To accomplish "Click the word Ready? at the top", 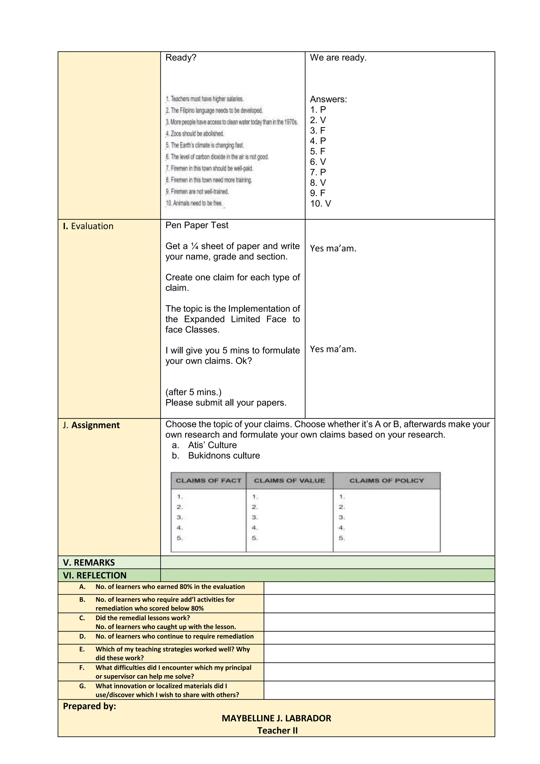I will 181,58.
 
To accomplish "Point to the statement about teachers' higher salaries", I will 205,99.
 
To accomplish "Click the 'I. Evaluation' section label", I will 88,226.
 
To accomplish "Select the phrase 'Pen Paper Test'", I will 197,225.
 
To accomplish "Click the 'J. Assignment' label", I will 91,425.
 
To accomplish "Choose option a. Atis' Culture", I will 212,445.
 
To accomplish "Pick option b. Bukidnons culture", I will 224,456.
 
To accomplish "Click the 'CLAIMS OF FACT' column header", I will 209,480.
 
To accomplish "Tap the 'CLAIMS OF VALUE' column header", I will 289,480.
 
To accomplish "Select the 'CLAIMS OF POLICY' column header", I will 386,480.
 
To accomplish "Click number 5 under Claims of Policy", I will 341,538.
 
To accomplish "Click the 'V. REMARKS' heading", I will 89,563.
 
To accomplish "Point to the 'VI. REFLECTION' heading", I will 95,575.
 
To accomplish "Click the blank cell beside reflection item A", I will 379,588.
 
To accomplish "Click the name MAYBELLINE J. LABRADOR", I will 276,718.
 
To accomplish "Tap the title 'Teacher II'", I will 277,731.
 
